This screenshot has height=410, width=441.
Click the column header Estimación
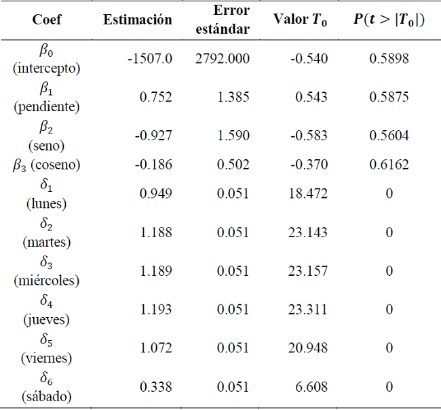(x=138, y=20)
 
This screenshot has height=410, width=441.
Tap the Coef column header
(x=47, y=20)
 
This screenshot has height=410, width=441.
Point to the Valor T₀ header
(x=301, y=20)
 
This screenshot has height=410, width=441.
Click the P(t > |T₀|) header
(x=389, y=20)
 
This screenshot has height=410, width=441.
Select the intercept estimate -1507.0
(x=150, y=59)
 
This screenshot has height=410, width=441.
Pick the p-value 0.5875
(x=389, y=97)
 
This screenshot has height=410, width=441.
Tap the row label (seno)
(x=47, y=145)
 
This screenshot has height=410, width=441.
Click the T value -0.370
(x=309, y=165)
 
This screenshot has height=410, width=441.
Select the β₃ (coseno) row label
(x=47, y=165)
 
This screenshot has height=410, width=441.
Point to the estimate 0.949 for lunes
(x=156, y=194)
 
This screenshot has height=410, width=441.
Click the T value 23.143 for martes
(x=308, y=232)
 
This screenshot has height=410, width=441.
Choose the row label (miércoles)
(x=47, y=281)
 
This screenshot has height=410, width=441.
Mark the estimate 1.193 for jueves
(x=156, y=310)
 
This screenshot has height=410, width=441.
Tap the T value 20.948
(x=308, y=348)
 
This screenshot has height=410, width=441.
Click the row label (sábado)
(x=47, y=396)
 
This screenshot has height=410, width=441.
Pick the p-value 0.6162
(x=389, y=165)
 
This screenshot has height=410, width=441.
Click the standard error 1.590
(x=233, y=136)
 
